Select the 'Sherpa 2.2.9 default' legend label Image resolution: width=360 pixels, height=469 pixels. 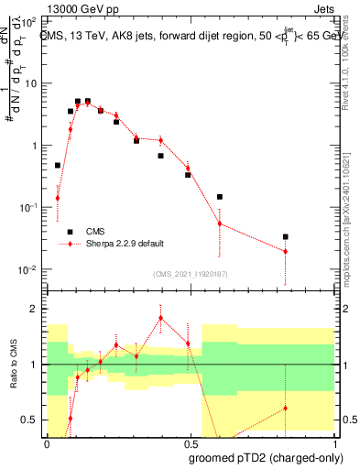click(125, 243)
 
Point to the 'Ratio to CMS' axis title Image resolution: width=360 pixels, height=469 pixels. click(12, 365)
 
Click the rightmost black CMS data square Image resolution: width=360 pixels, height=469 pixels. click(286, 236)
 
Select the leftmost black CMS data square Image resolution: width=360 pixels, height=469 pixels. click(57, 166)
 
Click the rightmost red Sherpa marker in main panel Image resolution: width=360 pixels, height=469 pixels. click(286, 251)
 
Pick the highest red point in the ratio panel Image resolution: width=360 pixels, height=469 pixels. click(161, 318)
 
